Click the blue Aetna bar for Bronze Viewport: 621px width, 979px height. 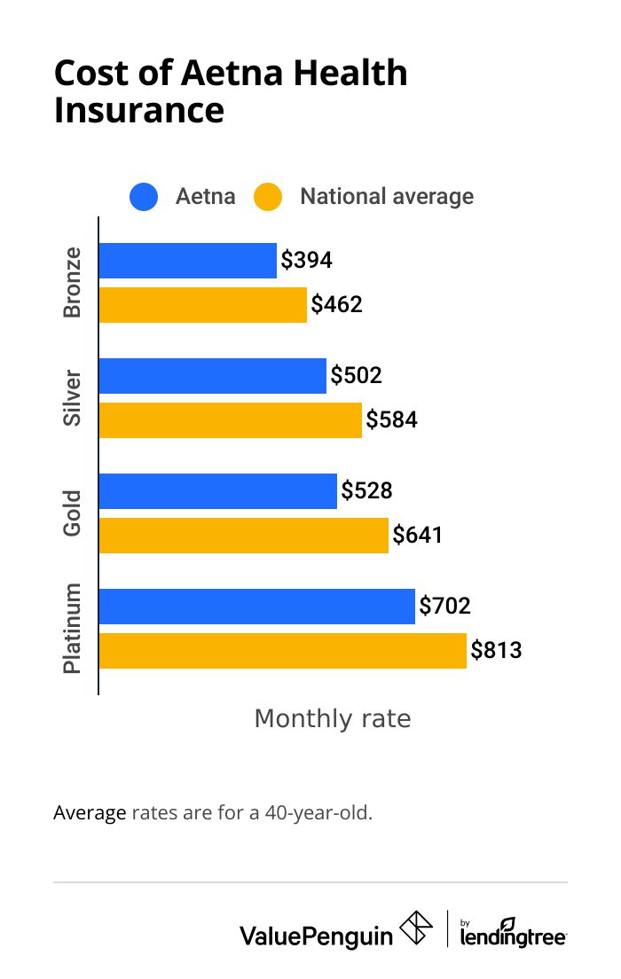(x=187, y=261)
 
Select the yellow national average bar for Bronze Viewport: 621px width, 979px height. (x=202, y=305)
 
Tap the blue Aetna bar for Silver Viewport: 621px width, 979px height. (x=212, y=376)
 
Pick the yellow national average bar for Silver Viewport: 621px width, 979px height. (x=230, y=420)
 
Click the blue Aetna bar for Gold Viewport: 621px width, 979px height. (x=217, y=491)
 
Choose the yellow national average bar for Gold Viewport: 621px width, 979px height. (x=243, y=536)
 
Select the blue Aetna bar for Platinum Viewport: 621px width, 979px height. (x=256, y=607)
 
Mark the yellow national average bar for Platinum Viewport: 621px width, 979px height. (x=282, y=651)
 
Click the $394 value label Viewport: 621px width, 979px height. (x=306, y=261)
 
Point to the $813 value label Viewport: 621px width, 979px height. (x=496, y=651)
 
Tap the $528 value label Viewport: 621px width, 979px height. (x=366, y=491)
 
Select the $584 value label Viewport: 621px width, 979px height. (x=391, y=420)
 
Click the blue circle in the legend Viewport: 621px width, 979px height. (x=144, y=197)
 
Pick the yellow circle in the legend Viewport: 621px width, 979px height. (x=268, y=197)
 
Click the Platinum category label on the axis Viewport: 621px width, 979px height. (x=73, y=629)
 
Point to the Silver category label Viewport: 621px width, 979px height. (x=73, y=398)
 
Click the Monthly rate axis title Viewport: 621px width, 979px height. (x=333, y=718)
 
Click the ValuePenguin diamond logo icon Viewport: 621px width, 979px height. (x=416, y=928)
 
